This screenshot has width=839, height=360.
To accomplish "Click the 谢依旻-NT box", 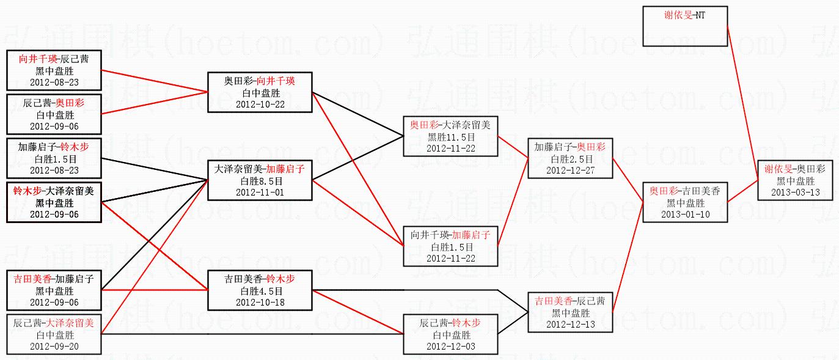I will pos(685,26).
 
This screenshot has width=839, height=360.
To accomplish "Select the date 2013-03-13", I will pos(796,192).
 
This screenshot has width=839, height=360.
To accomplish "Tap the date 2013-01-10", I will pos(685,214).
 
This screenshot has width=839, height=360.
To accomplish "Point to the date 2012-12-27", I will pos(570,170).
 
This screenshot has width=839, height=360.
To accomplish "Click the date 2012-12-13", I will pos(570,324).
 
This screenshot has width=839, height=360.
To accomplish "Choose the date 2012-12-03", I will pos(451,346).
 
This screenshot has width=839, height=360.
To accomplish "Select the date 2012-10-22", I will pos(260,104).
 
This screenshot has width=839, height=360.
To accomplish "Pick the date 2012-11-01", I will pos(260,192).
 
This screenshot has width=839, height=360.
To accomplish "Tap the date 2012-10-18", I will pos(260,302).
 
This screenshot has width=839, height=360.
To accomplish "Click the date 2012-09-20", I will pos(54,346).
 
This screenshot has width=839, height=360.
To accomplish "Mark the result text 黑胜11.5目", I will pos(451,137).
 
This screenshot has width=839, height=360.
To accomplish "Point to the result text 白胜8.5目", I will pos(260,181).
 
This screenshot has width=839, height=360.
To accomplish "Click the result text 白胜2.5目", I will pos(570,159).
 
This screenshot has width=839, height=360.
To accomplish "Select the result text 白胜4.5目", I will pos(260,291).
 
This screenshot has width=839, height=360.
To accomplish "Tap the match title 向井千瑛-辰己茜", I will pos(54,59).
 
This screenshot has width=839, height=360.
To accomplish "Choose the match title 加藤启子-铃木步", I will pos(54,147).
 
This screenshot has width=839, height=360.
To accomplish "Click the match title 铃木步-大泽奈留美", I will pos(54,191).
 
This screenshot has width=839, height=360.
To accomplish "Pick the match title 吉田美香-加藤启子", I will pos(54,279).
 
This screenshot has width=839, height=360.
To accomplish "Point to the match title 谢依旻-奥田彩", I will pos(796,169).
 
